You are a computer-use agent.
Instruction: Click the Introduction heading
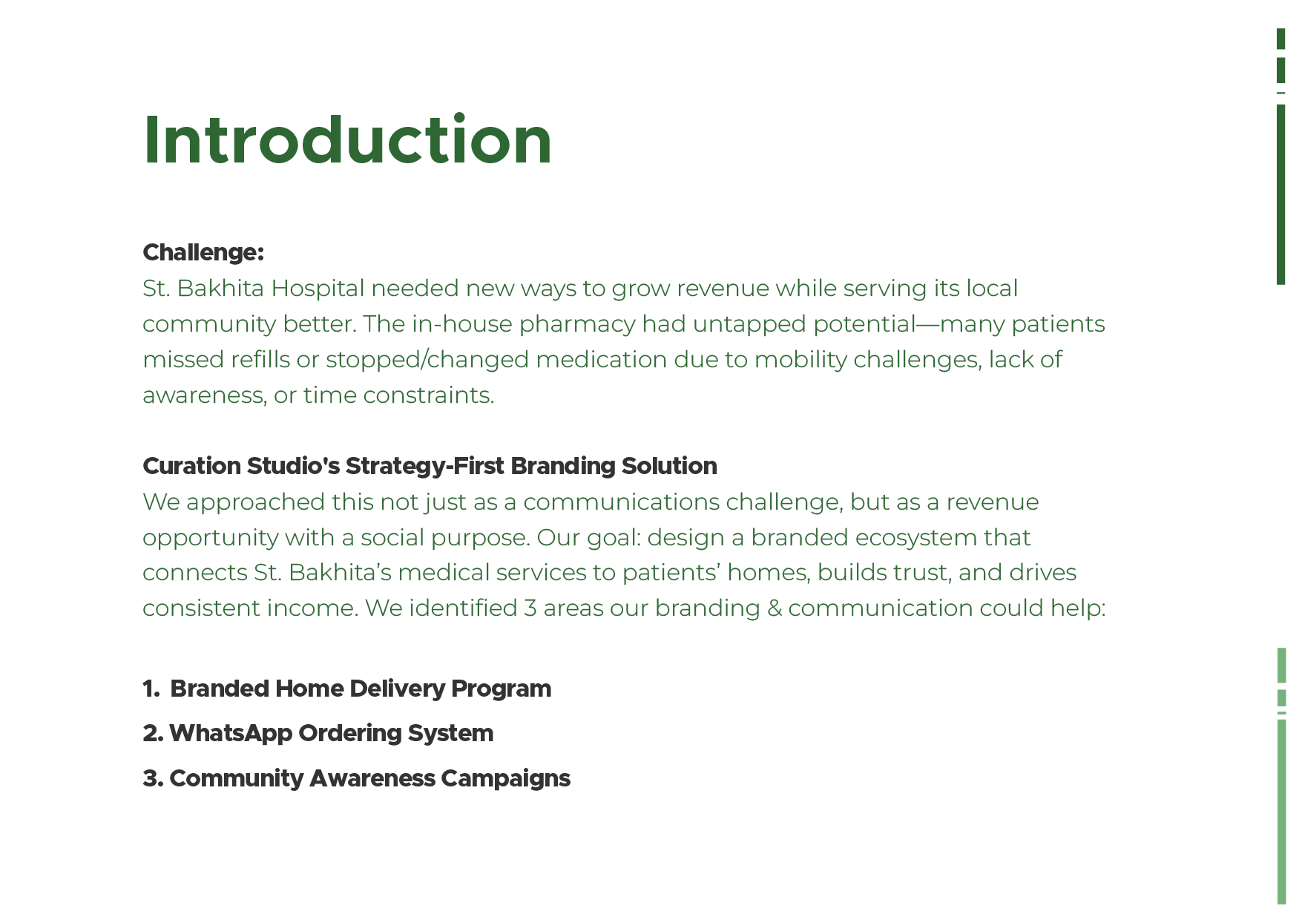347,140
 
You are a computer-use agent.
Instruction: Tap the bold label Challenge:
203,252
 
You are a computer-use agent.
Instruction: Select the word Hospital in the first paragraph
318,288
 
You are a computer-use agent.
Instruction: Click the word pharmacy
576,324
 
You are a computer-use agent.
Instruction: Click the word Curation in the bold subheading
191,466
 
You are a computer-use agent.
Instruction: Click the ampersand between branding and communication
774,608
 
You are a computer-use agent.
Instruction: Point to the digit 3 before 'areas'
530,608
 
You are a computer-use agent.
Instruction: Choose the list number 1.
150,689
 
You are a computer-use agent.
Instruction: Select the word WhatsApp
230,734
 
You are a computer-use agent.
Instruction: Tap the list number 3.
151,778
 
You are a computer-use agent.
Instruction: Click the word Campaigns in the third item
505,778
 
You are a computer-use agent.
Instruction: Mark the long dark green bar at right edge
1280,194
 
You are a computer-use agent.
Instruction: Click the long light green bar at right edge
1281,812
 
